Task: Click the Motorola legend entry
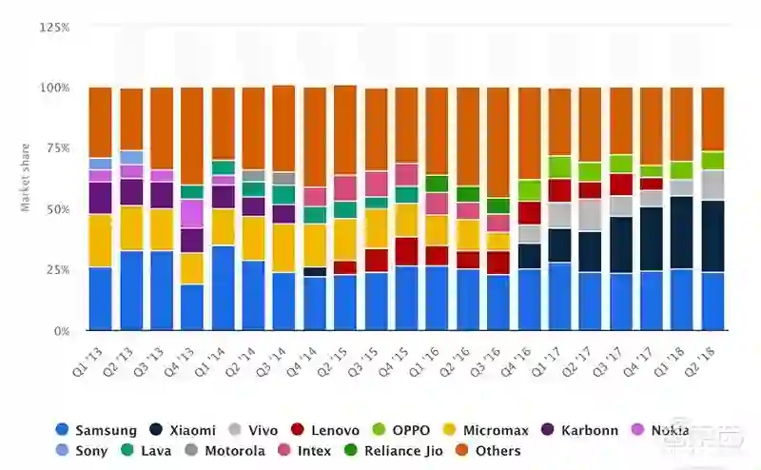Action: click(x=224, y=451)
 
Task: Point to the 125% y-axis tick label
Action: click(x=54, y=28)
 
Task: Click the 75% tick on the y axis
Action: click(x=57, y=148)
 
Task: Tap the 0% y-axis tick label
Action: click(x=61, y=331)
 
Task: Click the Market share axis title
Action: click(x=26, y=177)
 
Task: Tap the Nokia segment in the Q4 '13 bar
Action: click(x=192, y=213)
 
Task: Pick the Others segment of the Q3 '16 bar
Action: click(x=498, y=143)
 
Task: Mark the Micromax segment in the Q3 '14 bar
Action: click(x=283, y=247)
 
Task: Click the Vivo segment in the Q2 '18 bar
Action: click(x=712, y=185)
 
